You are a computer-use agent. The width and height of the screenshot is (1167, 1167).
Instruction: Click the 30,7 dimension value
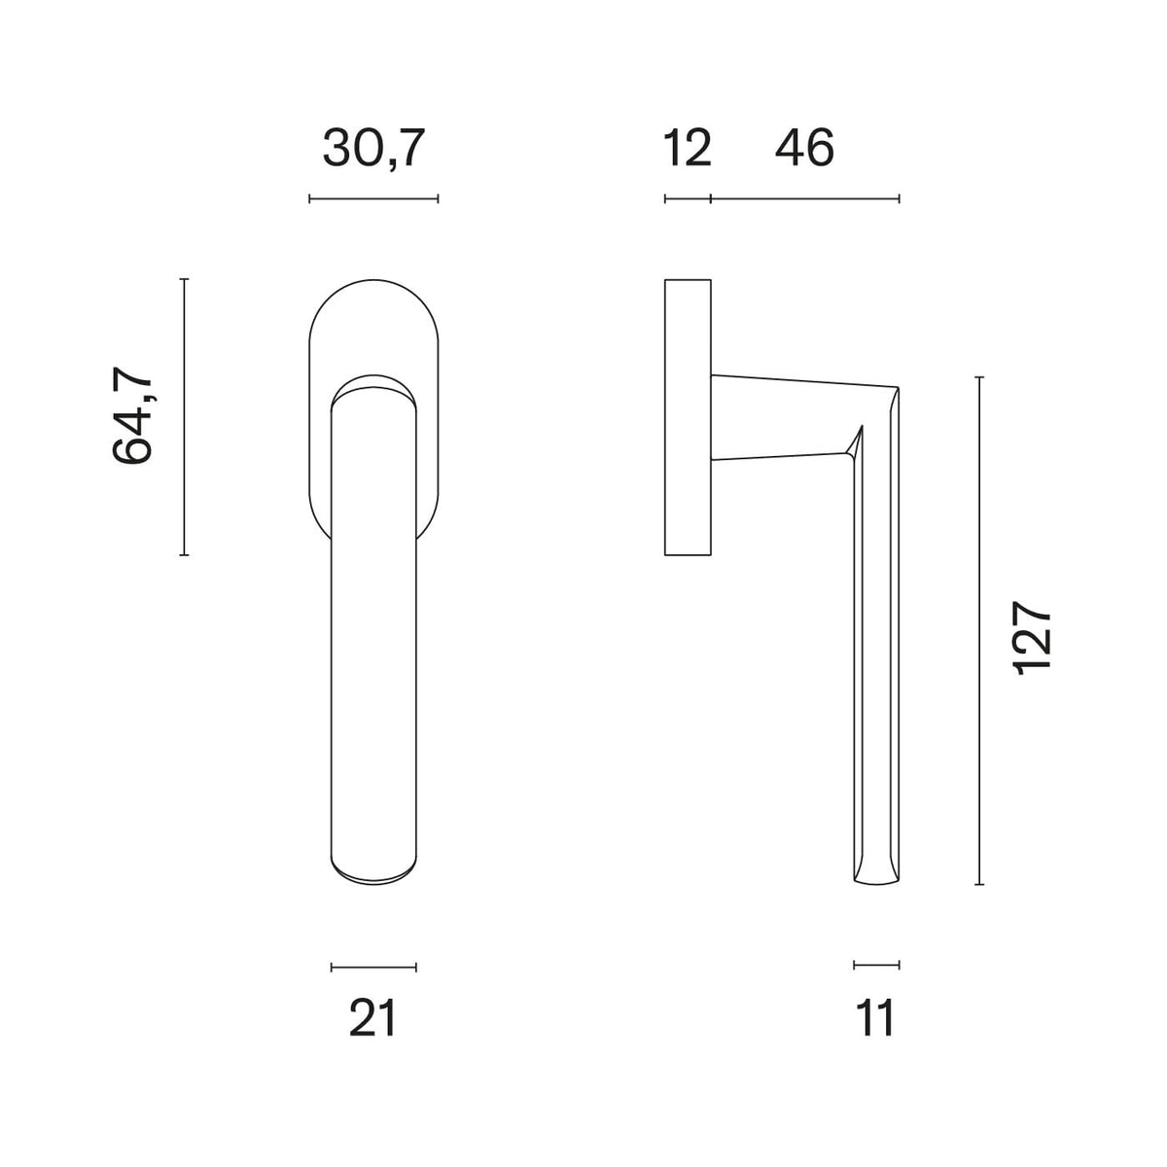point(370,148)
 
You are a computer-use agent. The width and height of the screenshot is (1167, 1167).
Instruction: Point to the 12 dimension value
point(687,148)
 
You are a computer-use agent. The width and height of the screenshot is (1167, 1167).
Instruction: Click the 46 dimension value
point(804,148)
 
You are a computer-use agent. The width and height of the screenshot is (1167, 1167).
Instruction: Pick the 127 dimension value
point(1032,637)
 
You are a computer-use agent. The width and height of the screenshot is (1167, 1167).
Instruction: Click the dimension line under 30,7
point(373,198)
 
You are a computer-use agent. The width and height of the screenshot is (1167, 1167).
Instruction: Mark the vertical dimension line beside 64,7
point(184,416)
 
